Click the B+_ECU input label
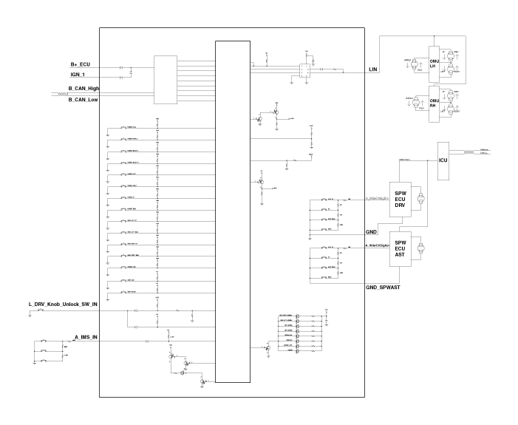coord(80,65)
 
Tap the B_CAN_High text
coord(83,88)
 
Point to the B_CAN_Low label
coord(83,99)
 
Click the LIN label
coord(373,69)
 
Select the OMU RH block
coord(434,102)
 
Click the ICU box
coord(444,160)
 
